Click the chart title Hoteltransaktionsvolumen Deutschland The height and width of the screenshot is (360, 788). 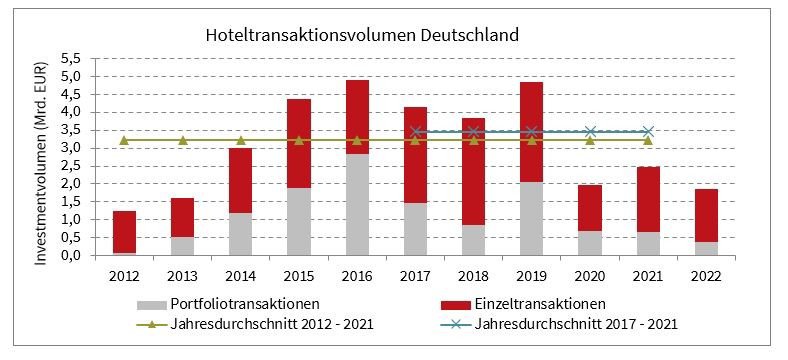pos(361,35)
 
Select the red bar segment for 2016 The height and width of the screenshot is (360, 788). pos(357,117)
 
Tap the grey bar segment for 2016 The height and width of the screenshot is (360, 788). pos(357,205)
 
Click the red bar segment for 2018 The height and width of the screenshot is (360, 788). pos(473,171)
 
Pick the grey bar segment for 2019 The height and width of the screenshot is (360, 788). pos(531,219)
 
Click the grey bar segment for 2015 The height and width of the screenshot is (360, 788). pos(299,222)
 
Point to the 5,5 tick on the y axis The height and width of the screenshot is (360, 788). pos(71,59)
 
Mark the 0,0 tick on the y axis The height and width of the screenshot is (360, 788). pos(71,256)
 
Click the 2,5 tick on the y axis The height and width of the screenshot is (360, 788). pos(71,166)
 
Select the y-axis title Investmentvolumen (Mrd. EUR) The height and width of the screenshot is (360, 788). pos(43,157)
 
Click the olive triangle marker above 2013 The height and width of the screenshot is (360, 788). pos(182,140)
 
